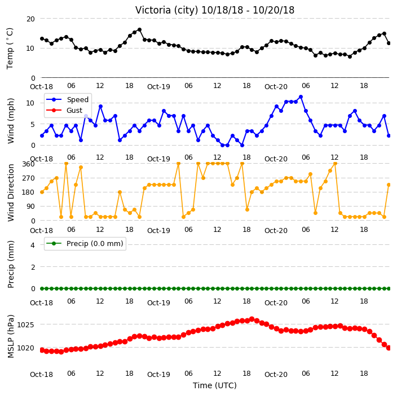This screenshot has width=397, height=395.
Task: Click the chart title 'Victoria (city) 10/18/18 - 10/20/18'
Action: pyautogui.click(x=215, y=10)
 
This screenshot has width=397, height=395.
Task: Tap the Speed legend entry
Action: pyautogui.click(x=67, y=99)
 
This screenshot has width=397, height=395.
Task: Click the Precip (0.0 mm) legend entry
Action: pyautogui.click(x=85, y=243)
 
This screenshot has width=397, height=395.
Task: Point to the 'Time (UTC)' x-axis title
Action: pyautogui.click(x=215, y=385)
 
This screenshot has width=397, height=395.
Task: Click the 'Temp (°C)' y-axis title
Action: pyautogui.click(x=10, y=49)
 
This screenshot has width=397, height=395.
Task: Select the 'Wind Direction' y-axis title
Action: pyautogui.click(x=11, y=192)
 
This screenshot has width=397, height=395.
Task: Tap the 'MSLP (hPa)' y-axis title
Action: pyautogui.click(x=11, y=336)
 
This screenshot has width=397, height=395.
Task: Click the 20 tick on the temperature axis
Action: pyautogui.click(x=30, y=19)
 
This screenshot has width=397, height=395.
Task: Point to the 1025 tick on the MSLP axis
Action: pyautogui.click(x=25, y=324)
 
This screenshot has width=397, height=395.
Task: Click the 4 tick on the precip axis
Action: pyautogui.click(x=33, y=245)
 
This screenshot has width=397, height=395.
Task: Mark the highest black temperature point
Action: pyautogui.click(x=139, y=30)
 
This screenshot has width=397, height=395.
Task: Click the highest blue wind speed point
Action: pyautogui.click(x=301, y=97)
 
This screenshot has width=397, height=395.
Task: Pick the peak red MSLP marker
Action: pyautogui.click(x=252, y=319)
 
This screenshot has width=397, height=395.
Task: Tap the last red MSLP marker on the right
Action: pyautogui.click(x=389, y=348)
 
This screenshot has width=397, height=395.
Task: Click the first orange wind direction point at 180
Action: pyautogui.click(x=42, y=192)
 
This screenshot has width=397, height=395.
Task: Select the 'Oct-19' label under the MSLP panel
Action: pyautogui.click(x=158, y=374)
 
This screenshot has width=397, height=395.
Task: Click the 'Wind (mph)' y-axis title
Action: pyautogui.click(x=11, y=121)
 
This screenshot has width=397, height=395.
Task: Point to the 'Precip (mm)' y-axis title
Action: pyautogui.click(x=11, y=264)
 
